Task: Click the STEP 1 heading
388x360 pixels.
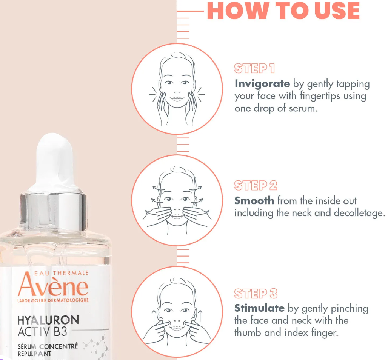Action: tap(254, 69)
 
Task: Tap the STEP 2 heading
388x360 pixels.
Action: tap(256, 185)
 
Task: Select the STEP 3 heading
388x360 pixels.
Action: tap(256, 294)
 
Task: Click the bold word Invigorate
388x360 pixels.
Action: tap(262, 84)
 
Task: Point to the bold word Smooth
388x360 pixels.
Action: tap(254, 200)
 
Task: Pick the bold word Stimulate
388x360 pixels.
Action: tap(259, 308)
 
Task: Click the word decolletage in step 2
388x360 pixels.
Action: tap(359, 213)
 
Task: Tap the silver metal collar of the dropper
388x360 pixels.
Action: tap(53, 210)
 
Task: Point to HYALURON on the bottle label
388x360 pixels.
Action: tap(48, 320)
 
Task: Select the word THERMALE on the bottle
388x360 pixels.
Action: tap(71, 273)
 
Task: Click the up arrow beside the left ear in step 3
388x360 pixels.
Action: tap(154, 316)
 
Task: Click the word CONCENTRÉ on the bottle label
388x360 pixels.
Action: tap(59, 346)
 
